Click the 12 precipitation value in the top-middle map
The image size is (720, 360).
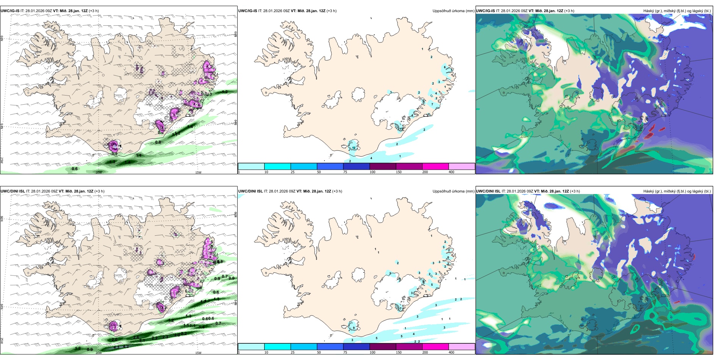(x=354, y=148)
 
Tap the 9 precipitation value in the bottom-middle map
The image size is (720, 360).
(x=354, y=328)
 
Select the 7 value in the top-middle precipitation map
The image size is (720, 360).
(x=432, y=104)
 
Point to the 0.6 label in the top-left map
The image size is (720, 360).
(x=75, y=169)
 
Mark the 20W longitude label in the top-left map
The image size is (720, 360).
(x=99, y=172)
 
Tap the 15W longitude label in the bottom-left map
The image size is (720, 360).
(x=198, y=353)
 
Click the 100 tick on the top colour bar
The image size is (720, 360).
(x=373, y=172)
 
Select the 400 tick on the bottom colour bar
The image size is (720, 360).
(x=451, y=352)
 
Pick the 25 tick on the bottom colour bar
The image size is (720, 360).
(x=293, y=352)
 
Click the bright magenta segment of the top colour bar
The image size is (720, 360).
(x=435, y=166)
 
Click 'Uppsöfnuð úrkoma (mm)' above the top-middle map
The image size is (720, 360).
(x=453, y=11)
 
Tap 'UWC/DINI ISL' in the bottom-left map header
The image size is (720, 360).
(x=13, y=191)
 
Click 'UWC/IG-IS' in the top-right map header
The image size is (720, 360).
(x=485, y=11)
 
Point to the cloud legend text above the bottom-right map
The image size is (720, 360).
(x=677, y=191)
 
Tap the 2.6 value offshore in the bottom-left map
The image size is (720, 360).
(x=136, y=337)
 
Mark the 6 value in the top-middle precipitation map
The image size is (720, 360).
(x=445, y=67)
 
